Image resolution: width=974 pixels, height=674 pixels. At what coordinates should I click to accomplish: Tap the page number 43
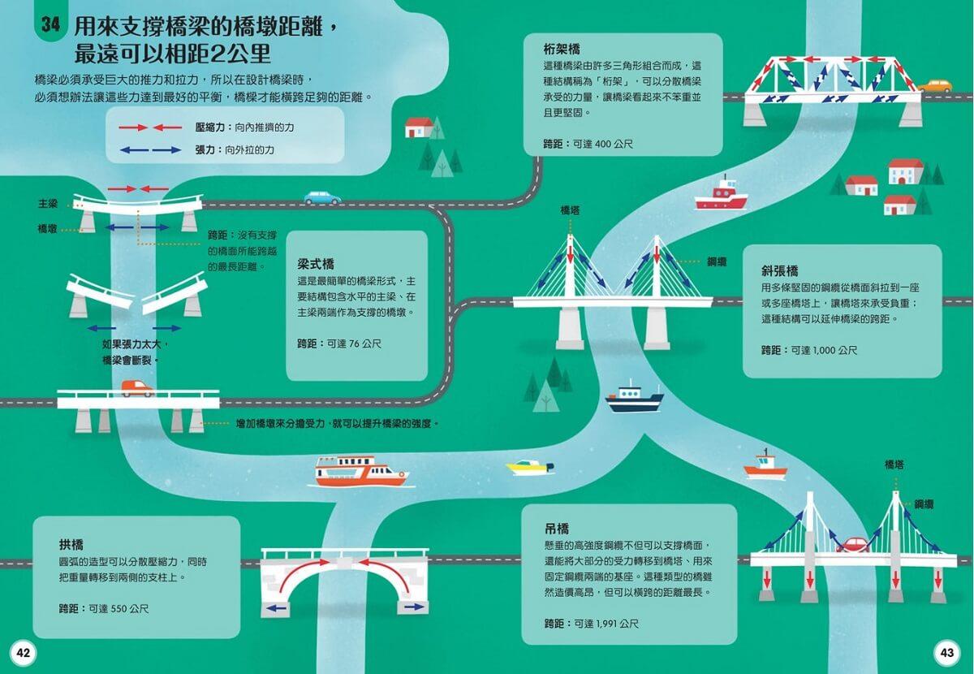click(x=947, y=653)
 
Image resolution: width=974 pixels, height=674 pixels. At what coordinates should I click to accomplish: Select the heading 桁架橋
click(x=562, y=49)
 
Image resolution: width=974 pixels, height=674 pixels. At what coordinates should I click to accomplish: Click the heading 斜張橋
click(x=780, y=270)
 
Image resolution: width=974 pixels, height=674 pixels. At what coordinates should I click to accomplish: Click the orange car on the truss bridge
click(x=934, y=86)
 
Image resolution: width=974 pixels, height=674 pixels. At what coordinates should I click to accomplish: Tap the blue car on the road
click(x=322, y=197)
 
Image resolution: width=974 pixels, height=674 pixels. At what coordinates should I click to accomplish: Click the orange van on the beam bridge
click(x=136, y=389)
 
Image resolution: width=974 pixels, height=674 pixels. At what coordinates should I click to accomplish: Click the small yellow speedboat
click(x=528, y=467)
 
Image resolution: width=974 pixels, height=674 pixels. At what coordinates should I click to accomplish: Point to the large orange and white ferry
click(x=360, y=471)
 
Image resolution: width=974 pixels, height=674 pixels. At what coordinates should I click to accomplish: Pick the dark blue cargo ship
click(x=634, y=396)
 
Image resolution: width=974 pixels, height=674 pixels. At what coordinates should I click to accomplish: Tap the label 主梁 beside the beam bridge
click(x=48, y=204)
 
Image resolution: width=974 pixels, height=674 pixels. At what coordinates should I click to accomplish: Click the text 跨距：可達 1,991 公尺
click(x=592, y=624)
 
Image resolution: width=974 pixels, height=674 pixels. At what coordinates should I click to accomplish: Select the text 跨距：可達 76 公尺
click(x=339, y=344)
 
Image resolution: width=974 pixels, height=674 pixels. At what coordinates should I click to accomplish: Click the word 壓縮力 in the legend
click(x=211, y=127)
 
